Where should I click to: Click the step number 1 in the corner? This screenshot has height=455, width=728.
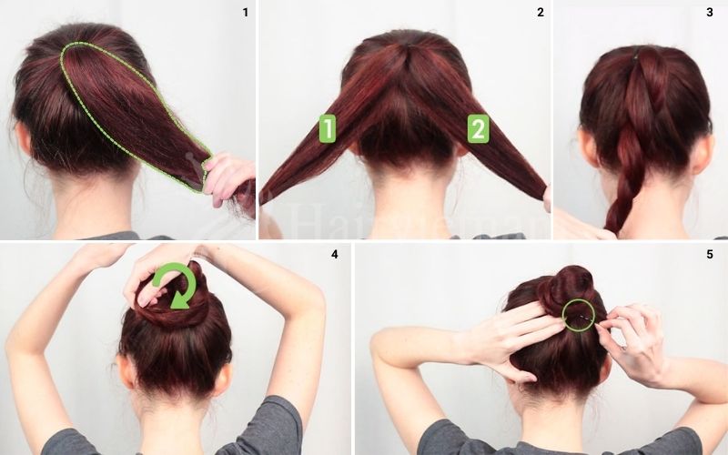245,12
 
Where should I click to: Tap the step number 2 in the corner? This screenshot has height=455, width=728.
541,12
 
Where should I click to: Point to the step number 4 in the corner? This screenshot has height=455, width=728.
334,254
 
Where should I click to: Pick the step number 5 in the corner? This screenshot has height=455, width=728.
710,254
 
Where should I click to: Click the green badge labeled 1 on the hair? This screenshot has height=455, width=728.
327,128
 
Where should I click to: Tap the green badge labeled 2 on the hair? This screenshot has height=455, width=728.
478,128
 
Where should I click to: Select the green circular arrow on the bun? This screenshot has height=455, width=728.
176,284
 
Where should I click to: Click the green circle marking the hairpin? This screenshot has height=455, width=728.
577,315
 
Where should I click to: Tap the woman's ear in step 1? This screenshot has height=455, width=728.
25,136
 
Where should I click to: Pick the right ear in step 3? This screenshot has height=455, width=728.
702,153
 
